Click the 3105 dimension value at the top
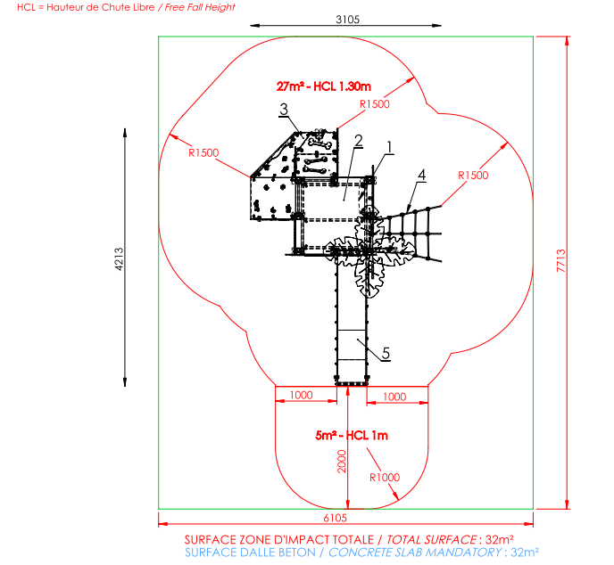[x=347, y=19]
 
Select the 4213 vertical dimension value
[x=119, y=258]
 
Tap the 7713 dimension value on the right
[x=560, y=260]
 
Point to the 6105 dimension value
[x=336, y=518]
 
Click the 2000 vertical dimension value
[x=342, y=462]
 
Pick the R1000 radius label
[x=385, y=478]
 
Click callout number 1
[x=389, y=147]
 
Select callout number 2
[x=358, y=141]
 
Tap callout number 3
[x=284, y=109]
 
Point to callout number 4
[x=421, y=175]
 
